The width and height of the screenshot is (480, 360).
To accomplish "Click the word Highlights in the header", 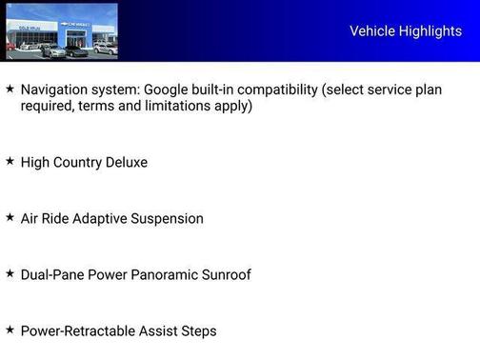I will point(431,31).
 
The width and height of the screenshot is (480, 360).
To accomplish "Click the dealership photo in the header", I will point(62,31).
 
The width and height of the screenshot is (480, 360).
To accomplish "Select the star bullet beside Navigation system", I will point(10,89).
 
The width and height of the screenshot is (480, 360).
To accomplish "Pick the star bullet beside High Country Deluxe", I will point(10,161).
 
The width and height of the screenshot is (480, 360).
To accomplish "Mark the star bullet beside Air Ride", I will point(10,217).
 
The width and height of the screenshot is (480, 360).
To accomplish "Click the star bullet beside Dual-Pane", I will point(10,273).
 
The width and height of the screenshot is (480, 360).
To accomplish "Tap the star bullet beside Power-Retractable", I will point(10,330).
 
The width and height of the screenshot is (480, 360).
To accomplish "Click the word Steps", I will point(198,331).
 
